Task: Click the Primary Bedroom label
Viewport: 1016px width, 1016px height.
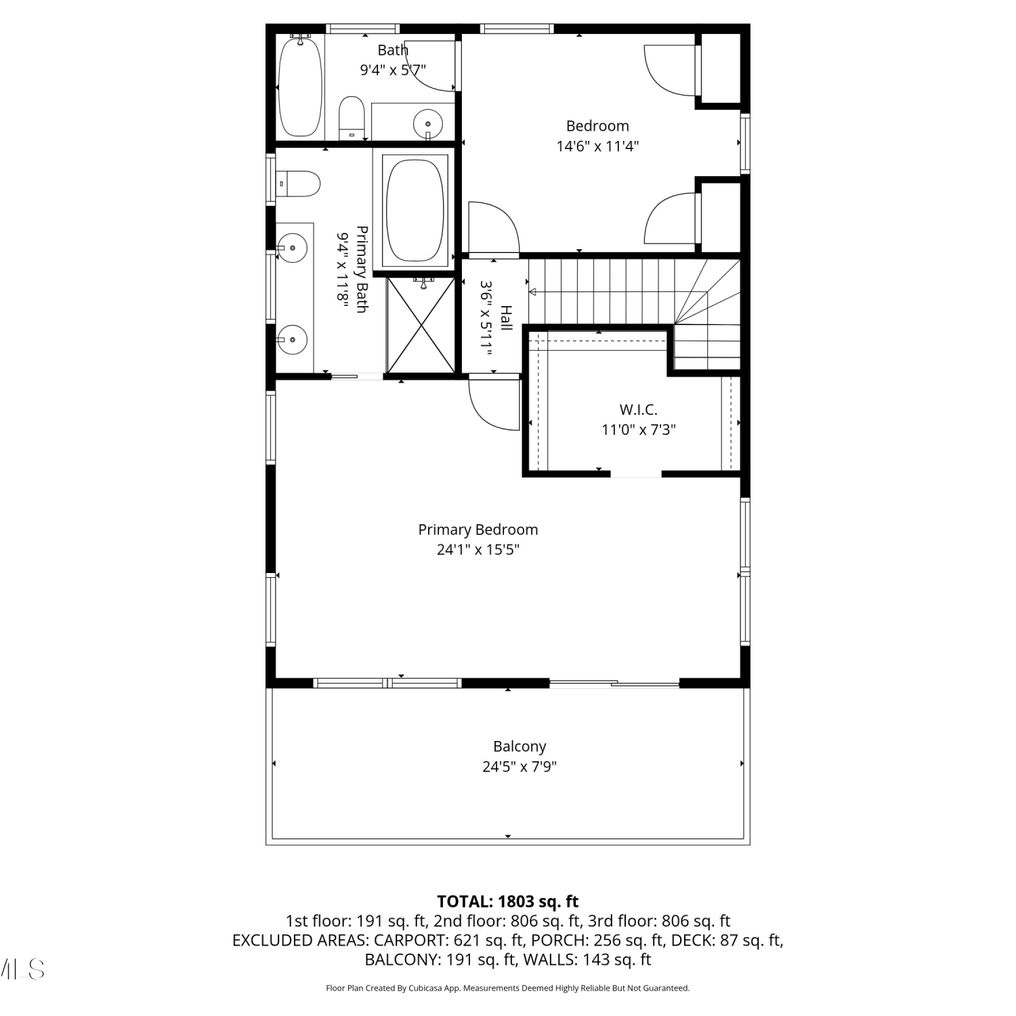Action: [x=478, y=530]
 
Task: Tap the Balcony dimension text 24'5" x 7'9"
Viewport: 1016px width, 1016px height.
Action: [x=520, y=767]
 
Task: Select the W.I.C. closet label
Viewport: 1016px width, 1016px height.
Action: [x=638, y=410]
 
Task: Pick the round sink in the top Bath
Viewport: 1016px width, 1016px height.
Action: [x=427, y=124]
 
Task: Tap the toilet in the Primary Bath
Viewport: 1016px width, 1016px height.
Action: [x=299, y=184]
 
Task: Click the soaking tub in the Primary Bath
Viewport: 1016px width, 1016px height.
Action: [x=415, y=210]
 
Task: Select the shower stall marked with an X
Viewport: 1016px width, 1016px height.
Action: [x=421, y=324]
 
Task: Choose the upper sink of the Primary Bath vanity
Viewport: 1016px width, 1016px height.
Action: [x=292, y=248]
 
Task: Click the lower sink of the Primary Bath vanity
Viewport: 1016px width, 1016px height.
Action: [x=292, y=339]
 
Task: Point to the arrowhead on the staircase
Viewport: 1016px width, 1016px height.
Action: [x=532, y=292]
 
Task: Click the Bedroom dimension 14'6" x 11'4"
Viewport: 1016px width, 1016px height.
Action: [x=597, y=146]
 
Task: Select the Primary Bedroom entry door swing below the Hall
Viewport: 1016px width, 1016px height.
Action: [x=493, y=404]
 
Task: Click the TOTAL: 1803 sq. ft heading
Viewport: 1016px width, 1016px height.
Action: [x=508, y=902]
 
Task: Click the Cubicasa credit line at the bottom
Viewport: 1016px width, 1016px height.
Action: [x=508, y=988]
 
